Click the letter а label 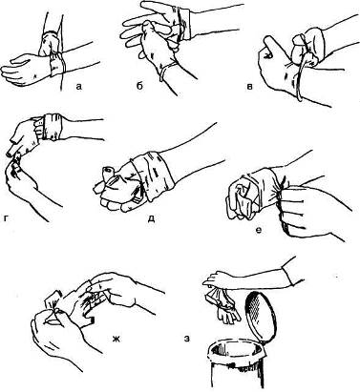[79, 86]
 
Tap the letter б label [140, 85]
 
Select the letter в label [250, 86]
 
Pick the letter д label [152, 218]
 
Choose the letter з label [187, 339]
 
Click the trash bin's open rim [237, 352]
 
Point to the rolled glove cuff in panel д [156, 175]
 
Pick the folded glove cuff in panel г [53, 127]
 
